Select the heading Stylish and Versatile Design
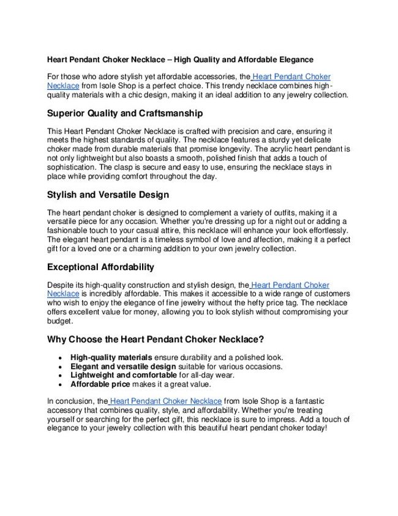coord(108,196)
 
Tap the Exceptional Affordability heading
coord(100,268)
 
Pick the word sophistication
coord(73,167)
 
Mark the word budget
coord(60,321)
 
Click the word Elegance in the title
coord(294,60)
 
